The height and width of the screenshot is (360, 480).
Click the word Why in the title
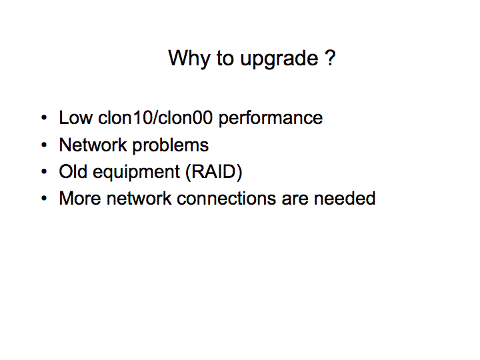(189, 59)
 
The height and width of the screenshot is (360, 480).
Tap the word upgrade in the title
(279, 60)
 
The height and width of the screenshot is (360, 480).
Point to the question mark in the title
(330, 57)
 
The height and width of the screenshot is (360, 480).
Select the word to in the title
(225, 58)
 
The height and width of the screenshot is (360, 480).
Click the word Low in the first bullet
(75, 118)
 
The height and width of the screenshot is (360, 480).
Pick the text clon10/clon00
(155, 118)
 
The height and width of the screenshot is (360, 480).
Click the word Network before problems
(93, 145)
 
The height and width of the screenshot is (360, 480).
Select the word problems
(171, 146)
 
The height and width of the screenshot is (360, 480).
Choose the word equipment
(136, 173)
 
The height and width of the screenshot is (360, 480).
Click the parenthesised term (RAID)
(214, 172)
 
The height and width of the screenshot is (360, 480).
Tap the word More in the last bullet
(80, 199)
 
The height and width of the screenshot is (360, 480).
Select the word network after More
(139, 199)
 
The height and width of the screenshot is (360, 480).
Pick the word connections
(227, 199)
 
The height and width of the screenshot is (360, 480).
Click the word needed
(345, 199)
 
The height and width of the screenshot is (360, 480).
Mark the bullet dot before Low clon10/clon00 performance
(44, 118)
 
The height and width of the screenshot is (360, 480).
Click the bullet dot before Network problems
(44, 145)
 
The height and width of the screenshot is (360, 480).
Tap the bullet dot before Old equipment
(44, 171)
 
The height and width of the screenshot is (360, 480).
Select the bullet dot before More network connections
(44, 199)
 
